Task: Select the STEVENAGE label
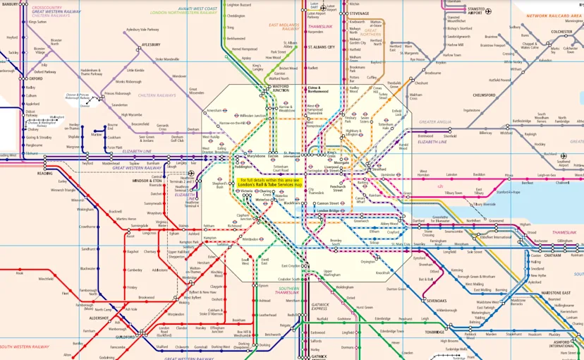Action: [359, 13]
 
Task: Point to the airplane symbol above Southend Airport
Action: [563, 156]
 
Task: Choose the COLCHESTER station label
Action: [562, 32]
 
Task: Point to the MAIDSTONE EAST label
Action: [554, 293]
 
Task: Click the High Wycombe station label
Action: [131, 114]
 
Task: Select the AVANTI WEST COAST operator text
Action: [197, 8]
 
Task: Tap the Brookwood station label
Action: [146, 298]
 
